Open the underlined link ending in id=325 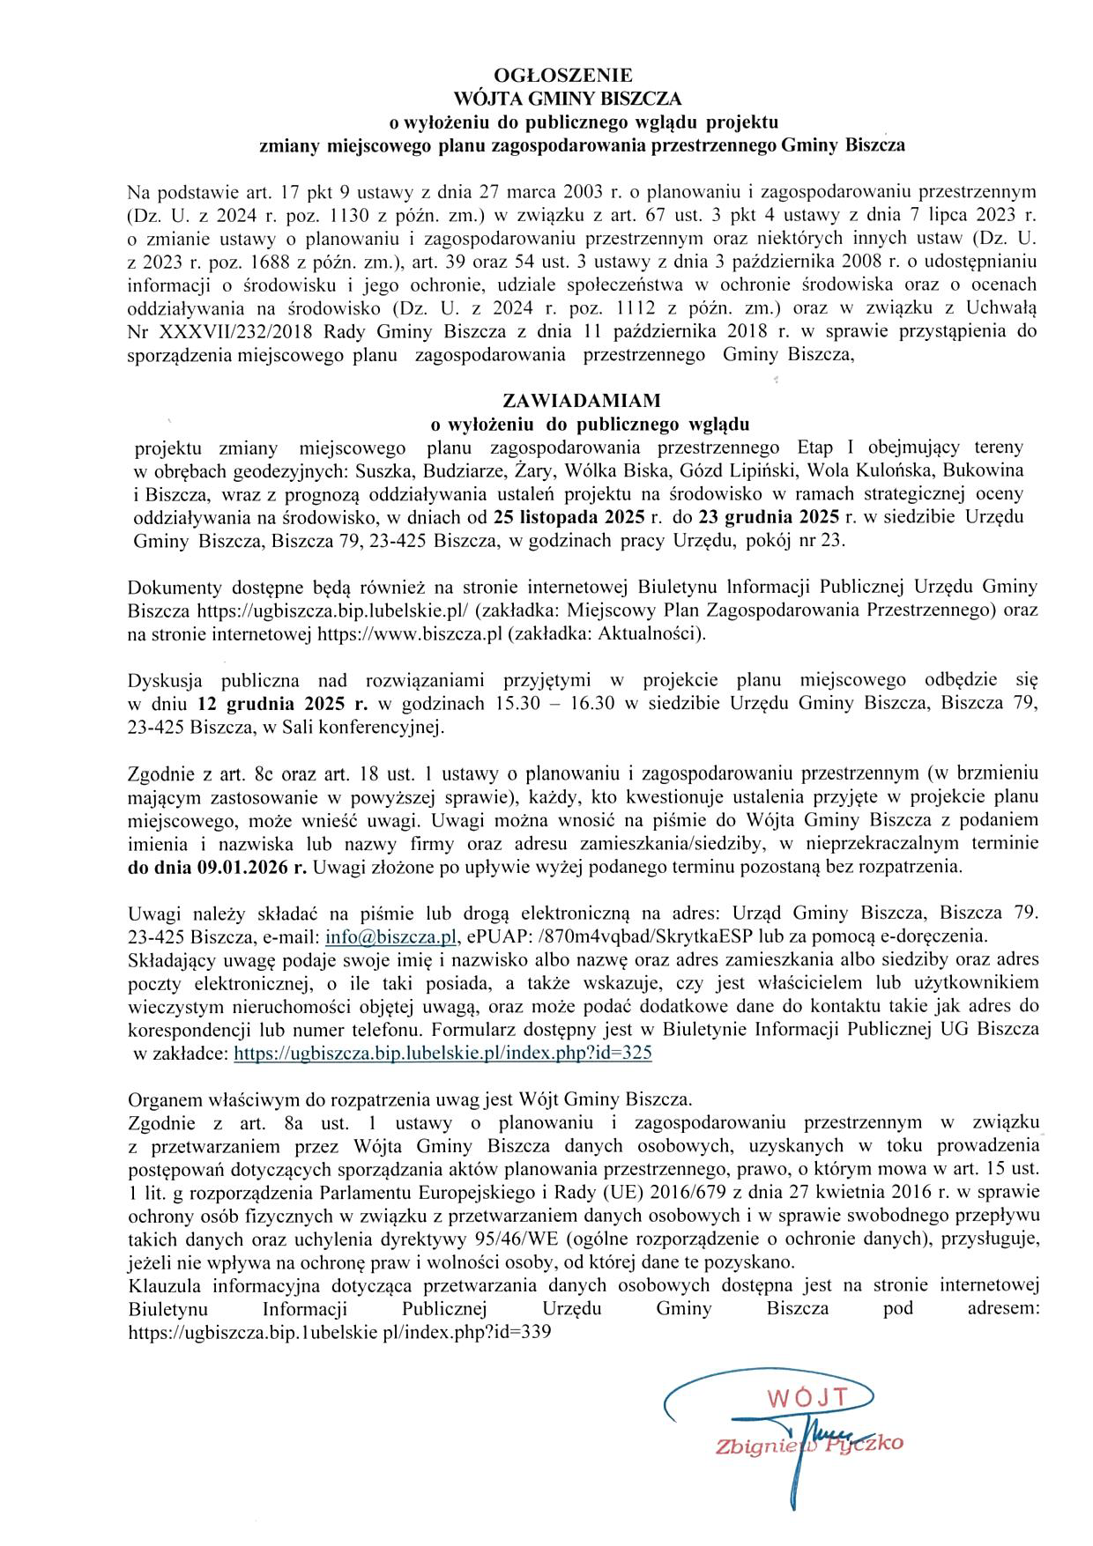click(x=442, y=1053)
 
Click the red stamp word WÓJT click(x=807, y=1398)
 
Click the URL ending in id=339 click(x=339, y=1333)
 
